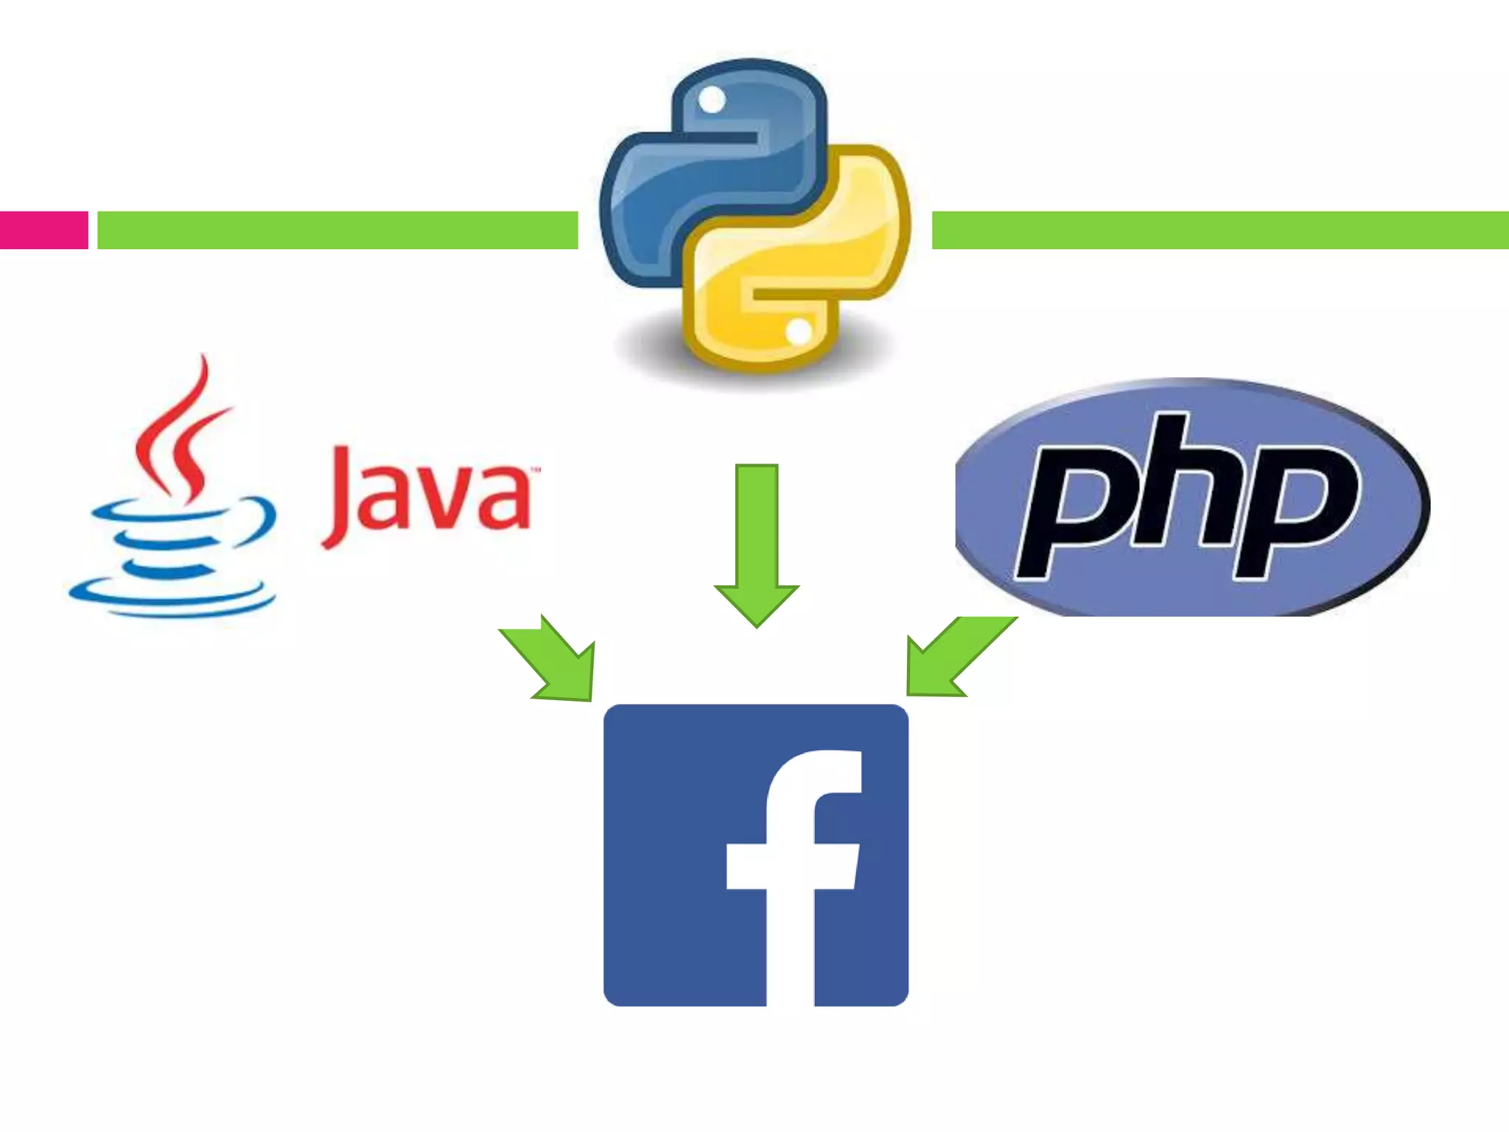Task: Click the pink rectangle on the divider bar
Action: coord(43,230)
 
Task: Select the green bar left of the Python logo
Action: coord(337,230)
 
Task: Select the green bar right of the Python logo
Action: coord(1219,230)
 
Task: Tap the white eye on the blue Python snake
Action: coord(712,99)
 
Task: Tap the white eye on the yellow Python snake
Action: coord(799,331)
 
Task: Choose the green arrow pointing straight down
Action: coord(757,545)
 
